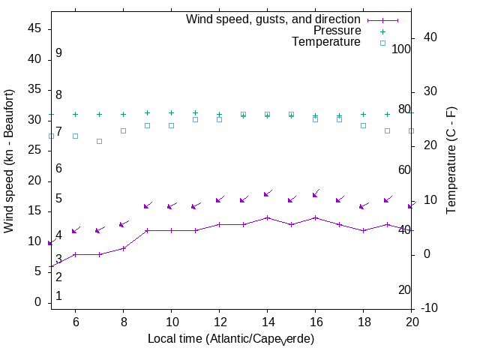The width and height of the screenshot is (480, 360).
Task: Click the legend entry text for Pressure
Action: pos(337,31)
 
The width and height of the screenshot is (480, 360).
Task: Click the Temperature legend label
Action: pos(326,42)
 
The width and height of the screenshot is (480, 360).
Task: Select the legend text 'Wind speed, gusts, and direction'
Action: pos(274,19)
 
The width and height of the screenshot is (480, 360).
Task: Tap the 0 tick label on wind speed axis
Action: pos(37,302)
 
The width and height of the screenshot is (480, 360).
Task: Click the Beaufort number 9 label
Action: pos(58,53)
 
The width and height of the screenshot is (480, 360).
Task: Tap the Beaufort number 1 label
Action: pos(58,296)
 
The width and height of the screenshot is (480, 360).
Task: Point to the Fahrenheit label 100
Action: pos(402,49)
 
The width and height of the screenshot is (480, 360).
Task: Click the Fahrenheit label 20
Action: pos(404,290)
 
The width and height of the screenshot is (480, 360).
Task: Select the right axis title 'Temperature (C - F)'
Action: pos(451,159)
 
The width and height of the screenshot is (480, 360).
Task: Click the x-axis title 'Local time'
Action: pos(231,339)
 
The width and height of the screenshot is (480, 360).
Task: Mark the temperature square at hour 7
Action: pos(99,141)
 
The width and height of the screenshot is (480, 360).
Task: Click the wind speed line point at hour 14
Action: pos(267,217)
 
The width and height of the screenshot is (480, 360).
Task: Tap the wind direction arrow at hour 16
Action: pos(315,194)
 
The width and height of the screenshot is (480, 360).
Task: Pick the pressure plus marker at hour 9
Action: pos(147,112)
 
